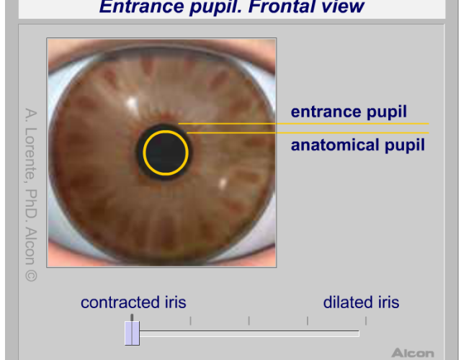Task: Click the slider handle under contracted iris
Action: click(132, 333)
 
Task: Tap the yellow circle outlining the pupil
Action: click(144, 153)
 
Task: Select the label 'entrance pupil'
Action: click(349, 112)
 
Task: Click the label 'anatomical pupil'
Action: click(358, 145)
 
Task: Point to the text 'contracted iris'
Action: click(133, 302)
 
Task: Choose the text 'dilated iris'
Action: click(361, 302)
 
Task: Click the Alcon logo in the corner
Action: click(413, 353)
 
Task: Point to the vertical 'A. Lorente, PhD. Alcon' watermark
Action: click(31, 194)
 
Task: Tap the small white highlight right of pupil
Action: click(223, 183)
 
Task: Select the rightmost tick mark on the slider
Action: click(366, 320)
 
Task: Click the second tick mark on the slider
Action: click(190, 320)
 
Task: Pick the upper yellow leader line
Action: click(303, 124)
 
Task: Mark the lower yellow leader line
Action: click(308, 132)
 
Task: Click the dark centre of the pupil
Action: click(166, 153)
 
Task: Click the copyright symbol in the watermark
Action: click(31, 276)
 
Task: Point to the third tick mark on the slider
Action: click(249, 320)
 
